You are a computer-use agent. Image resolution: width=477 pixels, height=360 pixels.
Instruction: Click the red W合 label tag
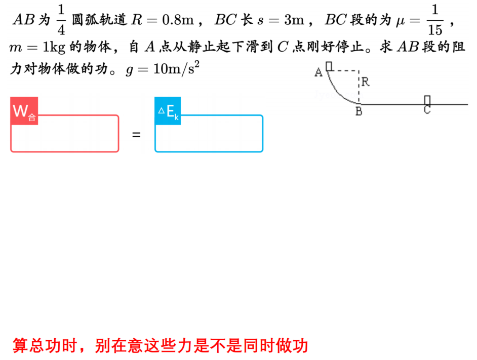coord(24,111)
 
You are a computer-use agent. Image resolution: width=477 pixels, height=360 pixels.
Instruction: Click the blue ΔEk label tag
coord(168,111)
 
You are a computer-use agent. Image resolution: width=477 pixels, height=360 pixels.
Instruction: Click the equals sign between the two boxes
coord(136,135)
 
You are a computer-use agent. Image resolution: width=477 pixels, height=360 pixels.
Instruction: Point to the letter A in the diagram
coord(318,72)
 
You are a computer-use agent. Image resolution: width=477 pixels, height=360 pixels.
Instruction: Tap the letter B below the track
coord(359,111)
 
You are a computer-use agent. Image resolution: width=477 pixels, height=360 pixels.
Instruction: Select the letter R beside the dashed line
coord(366,82)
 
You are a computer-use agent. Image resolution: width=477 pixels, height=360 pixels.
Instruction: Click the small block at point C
coord(427,100)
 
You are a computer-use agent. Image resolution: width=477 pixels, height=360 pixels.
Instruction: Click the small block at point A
coord(329,66)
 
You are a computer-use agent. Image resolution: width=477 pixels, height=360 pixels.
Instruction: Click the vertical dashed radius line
coord(359,87)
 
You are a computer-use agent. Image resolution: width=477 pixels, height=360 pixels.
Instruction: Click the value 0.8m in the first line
coord(178,20)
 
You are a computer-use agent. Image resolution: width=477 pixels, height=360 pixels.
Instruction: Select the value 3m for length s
coord(294,20)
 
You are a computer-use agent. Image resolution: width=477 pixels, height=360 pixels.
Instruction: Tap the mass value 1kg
coord(54,47)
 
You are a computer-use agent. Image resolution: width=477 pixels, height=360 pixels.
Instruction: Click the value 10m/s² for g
coord(176,68)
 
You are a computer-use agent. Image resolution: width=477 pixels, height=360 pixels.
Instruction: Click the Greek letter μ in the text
coord(401,21)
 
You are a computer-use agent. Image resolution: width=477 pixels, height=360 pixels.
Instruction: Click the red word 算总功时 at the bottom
coord(45,346)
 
